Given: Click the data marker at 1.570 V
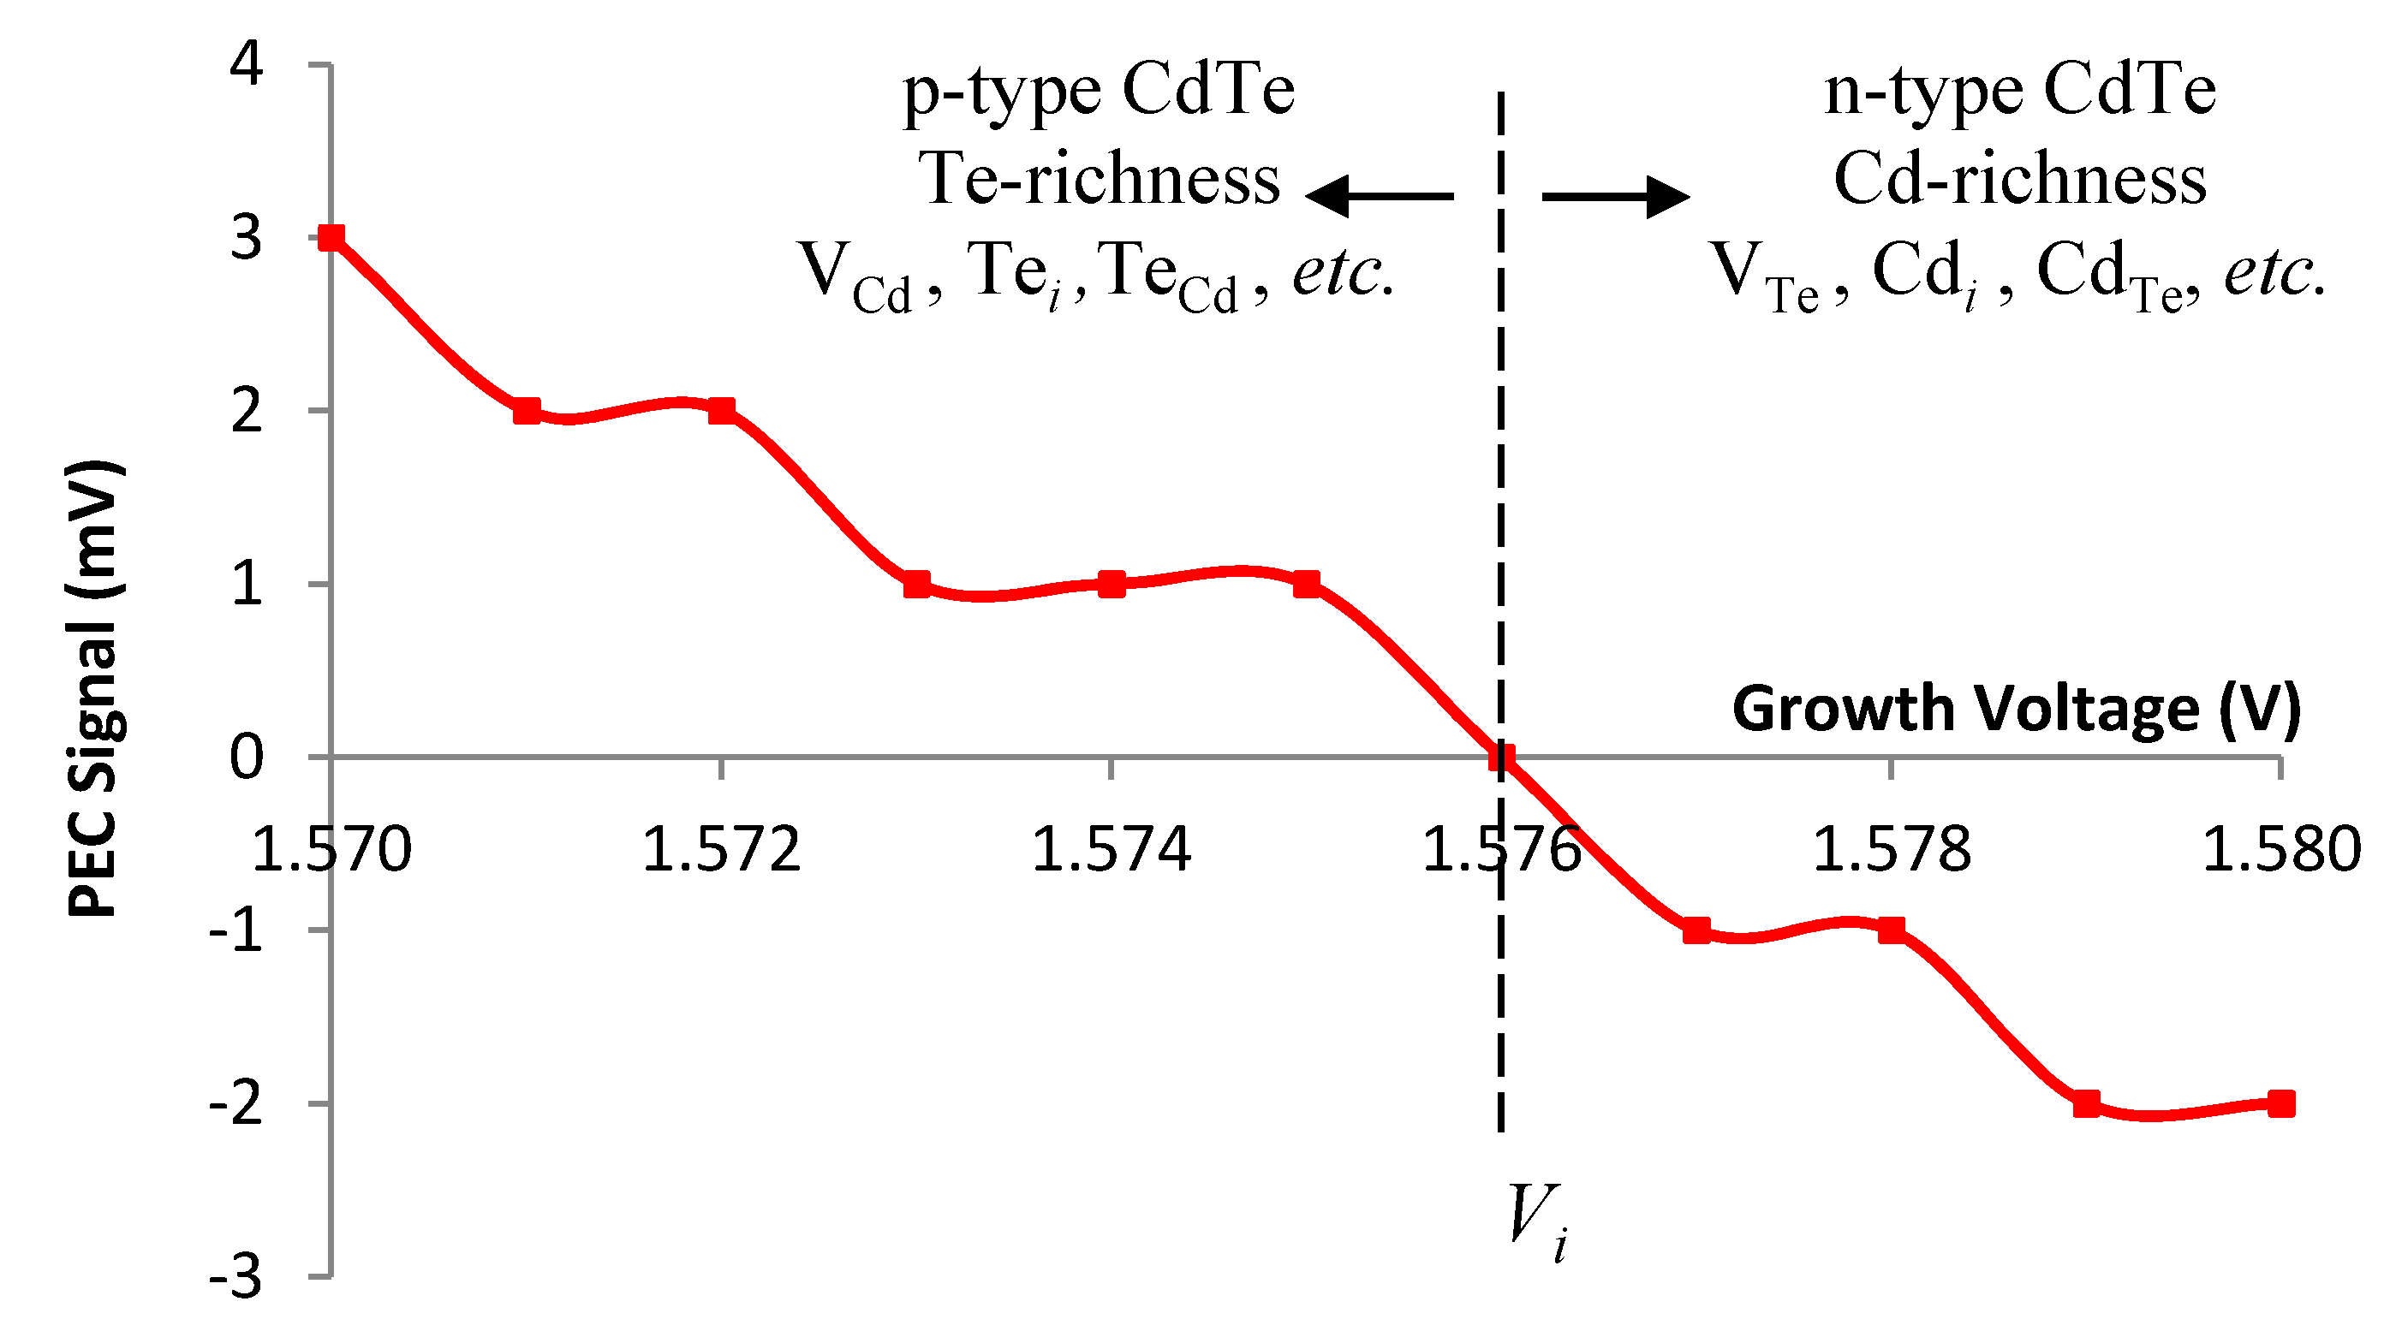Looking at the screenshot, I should point(331,237).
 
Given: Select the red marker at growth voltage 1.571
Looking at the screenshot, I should point(527,411).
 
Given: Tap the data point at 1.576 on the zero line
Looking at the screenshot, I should point(1501,758).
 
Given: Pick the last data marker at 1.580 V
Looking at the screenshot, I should point(2281,1103).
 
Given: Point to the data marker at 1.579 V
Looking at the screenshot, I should point(2087,1103).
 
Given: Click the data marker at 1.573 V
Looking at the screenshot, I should point(916,585).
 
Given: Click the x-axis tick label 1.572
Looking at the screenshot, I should point(721,850).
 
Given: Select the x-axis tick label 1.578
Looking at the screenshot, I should point(1891,850).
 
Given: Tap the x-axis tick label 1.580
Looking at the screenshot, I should point(2281,850).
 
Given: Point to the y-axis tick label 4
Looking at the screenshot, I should point(247,65).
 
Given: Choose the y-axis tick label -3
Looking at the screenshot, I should point(235,1279).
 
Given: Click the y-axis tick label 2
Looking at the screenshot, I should point(247,411).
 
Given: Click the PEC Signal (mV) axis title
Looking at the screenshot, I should point(95,688).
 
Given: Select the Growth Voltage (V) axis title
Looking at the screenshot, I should point(2016,709).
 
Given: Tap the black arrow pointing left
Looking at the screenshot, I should point(1379,196).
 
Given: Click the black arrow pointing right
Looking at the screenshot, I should point(1615,196).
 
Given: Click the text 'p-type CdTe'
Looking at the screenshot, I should point(1099,92).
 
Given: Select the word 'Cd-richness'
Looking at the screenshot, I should point(2020,179).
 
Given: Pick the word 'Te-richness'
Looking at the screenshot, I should point(1099,179).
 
